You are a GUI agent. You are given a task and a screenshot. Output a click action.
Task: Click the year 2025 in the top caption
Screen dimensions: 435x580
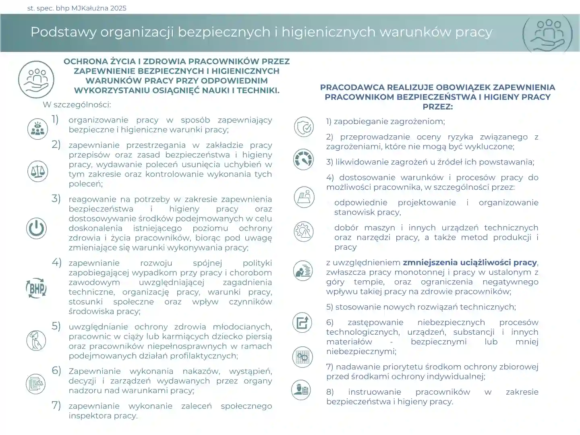coord(117,8)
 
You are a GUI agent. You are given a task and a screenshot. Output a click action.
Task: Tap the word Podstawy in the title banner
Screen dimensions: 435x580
coord(63,32)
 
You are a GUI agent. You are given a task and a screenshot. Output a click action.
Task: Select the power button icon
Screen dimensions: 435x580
coord(36,228)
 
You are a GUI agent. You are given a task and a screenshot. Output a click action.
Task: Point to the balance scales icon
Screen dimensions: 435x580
coord(37,171)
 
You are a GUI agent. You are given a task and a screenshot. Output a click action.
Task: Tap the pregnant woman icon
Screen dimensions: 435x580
coord(36,340)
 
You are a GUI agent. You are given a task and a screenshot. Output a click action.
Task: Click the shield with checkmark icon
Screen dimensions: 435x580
coord(303,127)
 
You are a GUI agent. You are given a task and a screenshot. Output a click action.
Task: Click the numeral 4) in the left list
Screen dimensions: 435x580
coord(56,263)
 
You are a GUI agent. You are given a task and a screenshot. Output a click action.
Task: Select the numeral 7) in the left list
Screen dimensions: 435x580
coord(56,405)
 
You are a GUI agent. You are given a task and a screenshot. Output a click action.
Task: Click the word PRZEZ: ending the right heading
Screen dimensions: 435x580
coord(437,107)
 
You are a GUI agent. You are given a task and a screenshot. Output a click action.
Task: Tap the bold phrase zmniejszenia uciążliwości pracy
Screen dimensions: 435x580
coord(470,263)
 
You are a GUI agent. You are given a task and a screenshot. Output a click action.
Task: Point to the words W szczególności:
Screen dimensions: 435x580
coord(77,105)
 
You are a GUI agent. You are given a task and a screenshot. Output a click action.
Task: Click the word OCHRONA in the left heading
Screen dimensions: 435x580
coord(84,62)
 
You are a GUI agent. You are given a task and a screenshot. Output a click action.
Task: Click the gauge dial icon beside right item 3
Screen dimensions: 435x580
coord(303,159)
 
